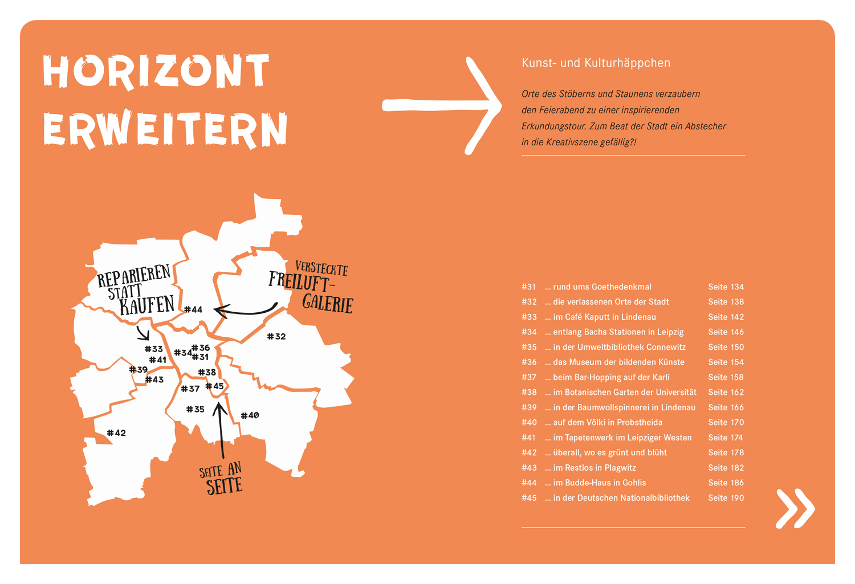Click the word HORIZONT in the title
point(156,72)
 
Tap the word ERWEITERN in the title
point(165,129)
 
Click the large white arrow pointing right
point(442,105)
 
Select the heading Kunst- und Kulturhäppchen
point(596,63)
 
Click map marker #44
point(193,309)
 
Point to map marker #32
point(276,336)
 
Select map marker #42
point(116,432)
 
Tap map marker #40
point(250,415)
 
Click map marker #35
point(195,409)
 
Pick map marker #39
point(138,369)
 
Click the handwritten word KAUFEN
point(146,305)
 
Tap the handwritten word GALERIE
point(328,303)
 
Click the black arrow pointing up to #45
point(221,430)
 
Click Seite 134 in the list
point(726,287)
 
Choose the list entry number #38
point(529,392)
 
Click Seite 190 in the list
point(726,497)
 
